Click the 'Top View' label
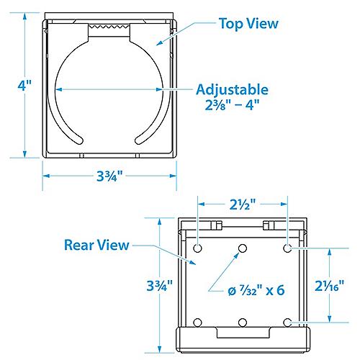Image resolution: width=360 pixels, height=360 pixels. (248, 24)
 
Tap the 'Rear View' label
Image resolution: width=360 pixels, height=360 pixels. (96, 245)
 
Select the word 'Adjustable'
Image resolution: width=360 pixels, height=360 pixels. (232, 90)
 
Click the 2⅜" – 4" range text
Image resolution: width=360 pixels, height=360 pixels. (232, 105)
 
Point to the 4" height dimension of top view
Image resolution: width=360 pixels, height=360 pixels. (24, 85)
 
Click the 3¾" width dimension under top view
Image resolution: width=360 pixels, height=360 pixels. (109, 176)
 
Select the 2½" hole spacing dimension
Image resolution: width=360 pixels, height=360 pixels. (243, 204)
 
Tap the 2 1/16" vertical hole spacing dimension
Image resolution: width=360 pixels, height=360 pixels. (329, 286)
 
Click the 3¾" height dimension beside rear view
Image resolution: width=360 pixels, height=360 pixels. (160, 286)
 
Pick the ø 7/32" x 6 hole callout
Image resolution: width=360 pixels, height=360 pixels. (256, 291)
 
